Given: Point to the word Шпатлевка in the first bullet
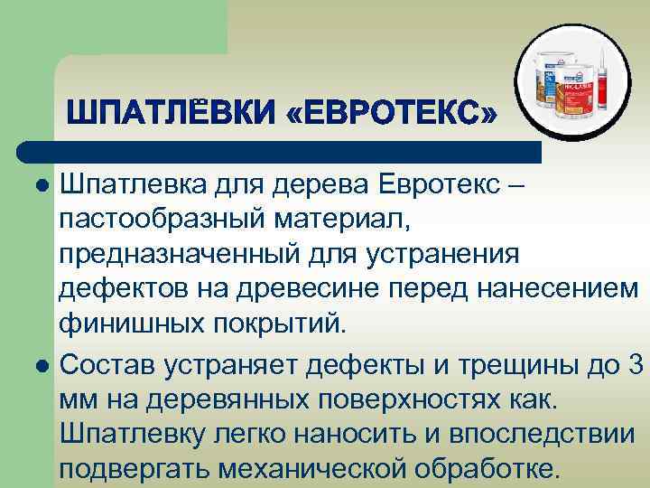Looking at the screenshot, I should (x=134, y=184).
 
